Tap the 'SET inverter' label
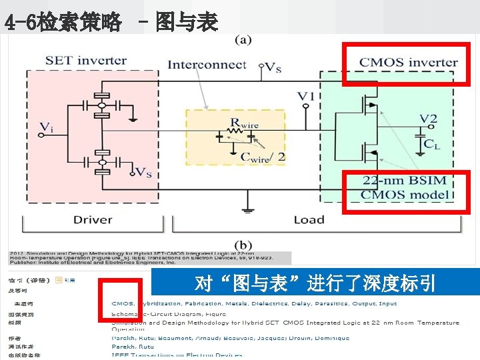coord(86,61)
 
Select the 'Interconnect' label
coord(207,65)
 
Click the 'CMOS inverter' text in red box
coord(408,63)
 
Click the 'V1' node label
coord(305,97)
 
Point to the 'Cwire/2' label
coord(262,157)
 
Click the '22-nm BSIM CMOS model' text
coord(405,187)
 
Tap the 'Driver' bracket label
coord(93,219)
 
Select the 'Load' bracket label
coord(309,219)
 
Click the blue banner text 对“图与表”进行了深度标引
coord(315,284)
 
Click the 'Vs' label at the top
coord(273,67)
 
